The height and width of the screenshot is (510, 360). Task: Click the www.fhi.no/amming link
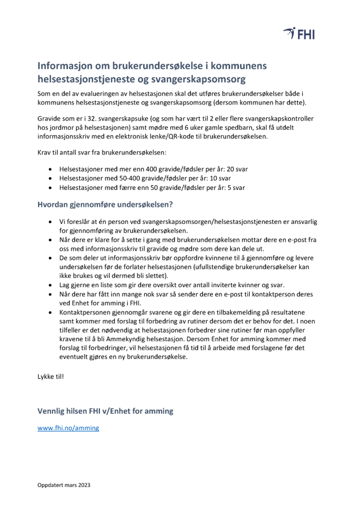point(68,428)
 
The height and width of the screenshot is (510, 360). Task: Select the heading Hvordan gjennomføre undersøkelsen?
point(105,204)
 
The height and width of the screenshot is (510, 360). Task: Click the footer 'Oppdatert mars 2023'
point(63,485)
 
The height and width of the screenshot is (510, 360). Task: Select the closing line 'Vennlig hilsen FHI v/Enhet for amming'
point(105,411)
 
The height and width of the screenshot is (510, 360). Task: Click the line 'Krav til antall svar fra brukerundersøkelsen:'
point(102,153)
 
